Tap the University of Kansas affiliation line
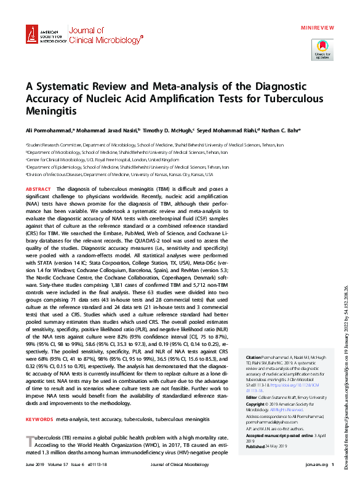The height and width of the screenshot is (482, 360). pos(102,174)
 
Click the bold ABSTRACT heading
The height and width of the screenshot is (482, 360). pos(38,189)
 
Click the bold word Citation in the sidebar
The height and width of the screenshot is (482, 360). pos(254,358)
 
